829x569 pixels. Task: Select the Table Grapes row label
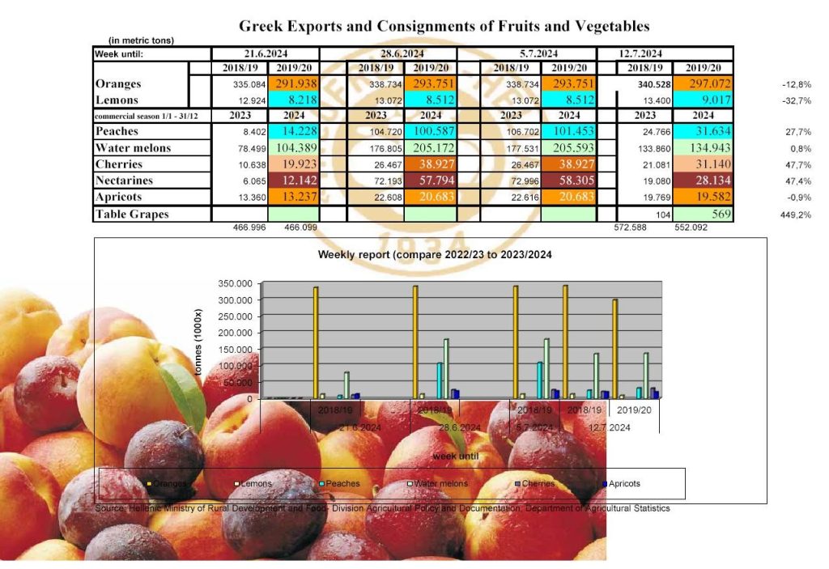(x=131, y=214)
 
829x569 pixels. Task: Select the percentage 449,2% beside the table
(x=796, y=214)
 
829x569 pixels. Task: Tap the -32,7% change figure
(x=796, y=101)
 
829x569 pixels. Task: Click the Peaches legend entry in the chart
(x=340, y=484)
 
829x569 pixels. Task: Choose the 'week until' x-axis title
(x=455, y=456)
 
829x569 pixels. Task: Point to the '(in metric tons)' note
(x=141, y=40)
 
